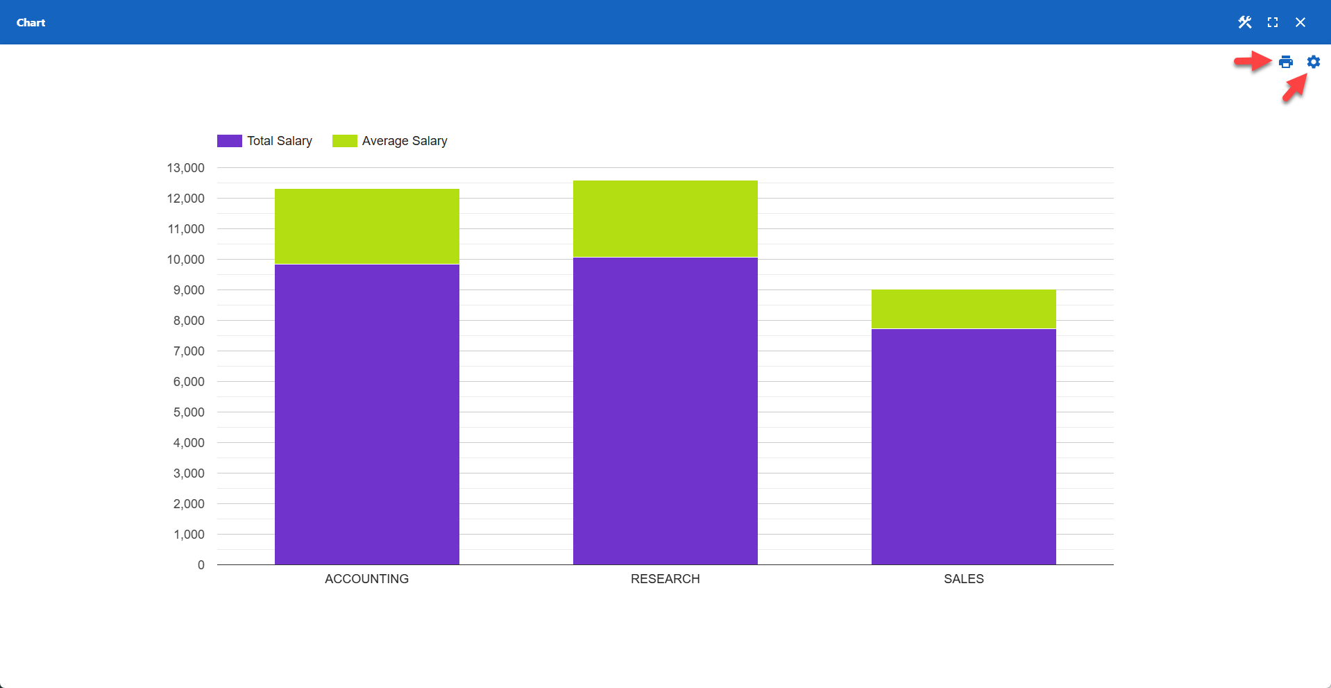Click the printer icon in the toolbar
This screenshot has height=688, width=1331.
pos(1285,62)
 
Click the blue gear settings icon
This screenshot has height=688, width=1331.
pos(1313,62)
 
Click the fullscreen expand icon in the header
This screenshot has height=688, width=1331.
pos(1272,22)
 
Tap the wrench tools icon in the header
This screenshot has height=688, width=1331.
pos(1244,22)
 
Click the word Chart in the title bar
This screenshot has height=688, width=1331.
pos(31,22)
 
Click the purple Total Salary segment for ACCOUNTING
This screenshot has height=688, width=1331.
pos(366,414)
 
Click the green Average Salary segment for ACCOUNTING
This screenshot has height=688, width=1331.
pos(366,226)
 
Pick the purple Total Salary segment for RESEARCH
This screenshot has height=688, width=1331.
pos(665,411)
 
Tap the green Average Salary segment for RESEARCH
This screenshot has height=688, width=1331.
pos(665,219)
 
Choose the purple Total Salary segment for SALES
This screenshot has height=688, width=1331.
pos(963,446)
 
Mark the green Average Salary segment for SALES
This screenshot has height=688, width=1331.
pos(963,309)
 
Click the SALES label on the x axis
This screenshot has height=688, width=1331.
pos(963,579)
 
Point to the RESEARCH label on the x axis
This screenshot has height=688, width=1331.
pos(665,579)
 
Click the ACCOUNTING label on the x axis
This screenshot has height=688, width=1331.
pos(366,579)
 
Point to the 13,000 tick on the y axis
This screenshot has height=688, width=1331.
pos(185,168)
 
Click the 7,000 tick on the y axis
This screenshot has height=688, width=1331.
pos(189,351)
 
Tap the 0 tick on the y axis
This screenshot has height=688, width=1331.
pos(201,565)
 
